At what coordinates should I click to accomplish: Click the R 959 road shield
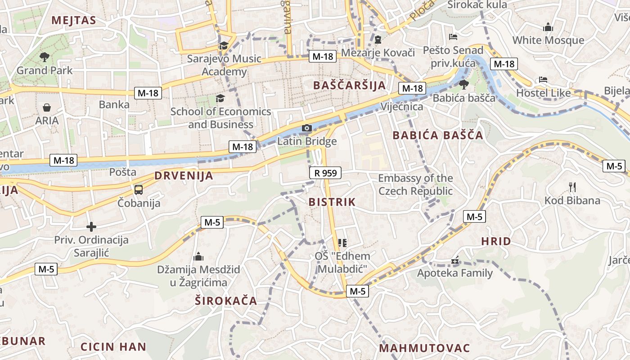[325, 173]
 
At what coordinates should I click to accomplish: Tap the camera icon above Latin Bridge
[307, 129]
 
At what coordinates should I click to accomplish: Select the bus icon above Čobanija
[139, 190]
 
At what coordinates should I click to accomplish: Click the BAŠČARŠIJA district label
[349, 85]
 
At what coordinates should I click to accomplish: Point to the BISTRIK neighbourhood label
[332, 202]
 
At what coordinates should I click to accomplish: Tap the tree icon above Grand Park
[44, 57]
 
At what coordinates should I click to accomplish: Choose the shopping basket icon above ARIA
[47, 108]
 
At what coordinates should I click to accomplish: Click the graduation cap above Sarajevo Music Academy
[224, 45]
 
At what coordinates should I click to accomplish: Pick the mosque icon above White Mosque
[548, 27]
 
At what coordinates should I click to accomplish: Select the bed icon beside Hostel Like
[543, 80]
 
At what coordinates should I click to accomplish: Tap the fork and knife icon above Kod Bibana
[572, 187]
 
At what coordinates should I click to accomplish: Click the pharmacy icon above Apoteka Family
[455, 261]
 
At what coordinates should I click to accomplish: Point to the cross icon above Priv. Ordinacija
[91, 227]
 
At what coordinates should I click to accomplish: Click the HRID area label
[496, 241]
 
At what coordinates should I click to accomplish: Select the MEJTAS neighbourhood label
[74, 20]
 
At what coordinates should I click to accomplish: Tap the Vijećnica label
[402, 107]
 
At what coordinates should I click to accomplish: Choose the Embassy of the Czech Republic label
[415, 184]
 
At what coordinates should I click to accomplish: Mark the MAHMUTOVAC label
[424, 348]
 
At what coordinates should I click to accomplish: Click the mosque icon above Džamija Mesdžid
[198, 257]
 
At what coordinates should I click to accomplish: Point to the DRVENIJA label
[184, 175]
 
